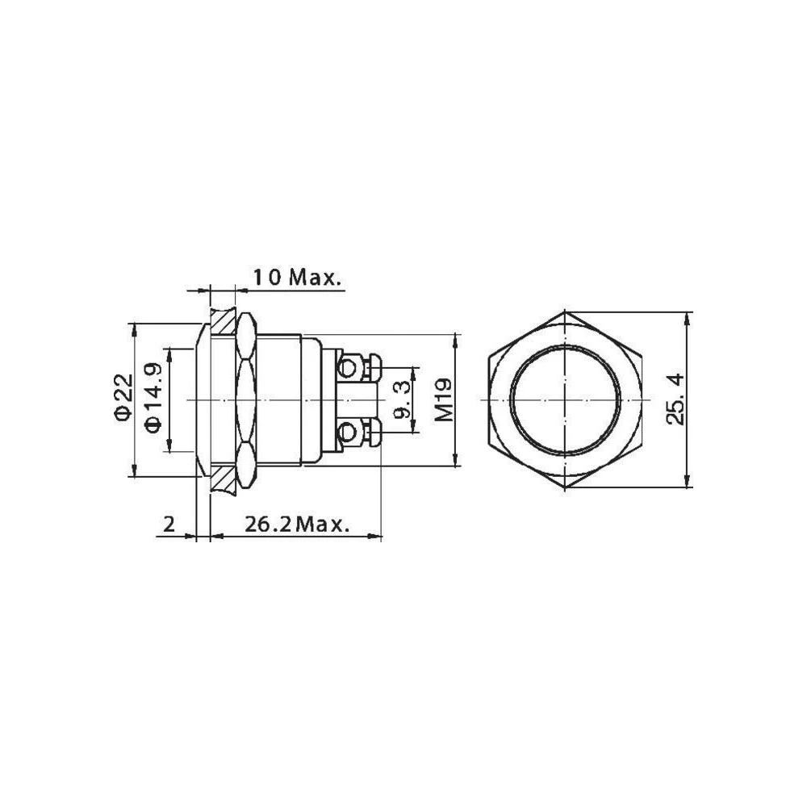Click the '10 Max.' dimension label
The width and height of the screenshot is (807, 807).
click(296, 278)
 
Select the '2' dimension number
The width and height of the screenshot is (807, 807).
click(169, 525)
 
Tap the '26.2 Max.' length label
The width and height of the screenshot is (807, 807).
click(286, 525)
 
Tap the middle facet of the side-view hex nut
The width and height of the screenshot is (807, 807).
click(245, 400)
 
